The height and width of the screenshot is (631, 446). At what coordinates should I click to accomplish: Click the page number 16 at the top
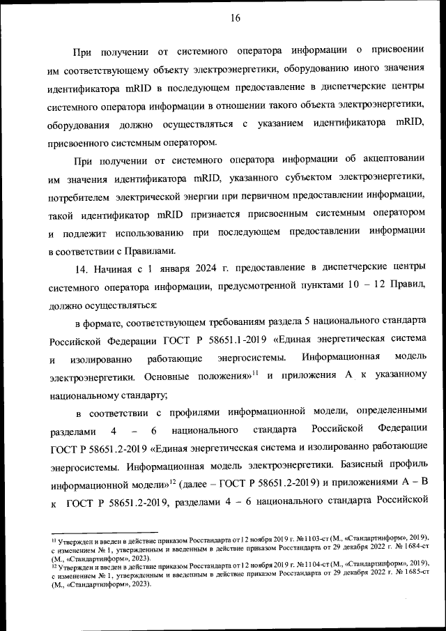[x=236, y=19]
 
